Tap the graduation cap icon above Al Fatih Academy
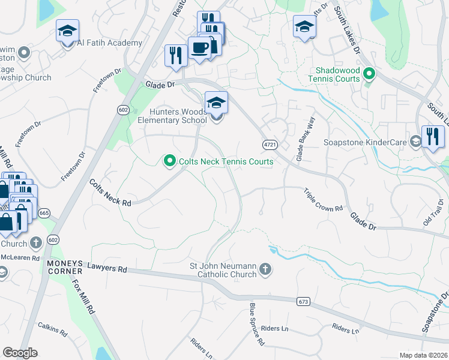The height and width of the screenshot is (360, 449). click(x=68, y=29)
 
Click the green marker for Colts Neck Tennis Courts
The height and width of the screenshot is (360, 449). click(x=169, y=160)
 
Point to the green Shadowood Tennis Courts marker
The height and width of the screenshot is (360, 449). click(x=369, y=74)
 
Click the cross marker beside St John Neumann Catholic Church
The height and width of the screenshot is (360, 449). click(x=265, y=270)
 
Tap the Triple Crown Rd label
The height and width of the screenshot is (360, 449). click(x=323, y=200)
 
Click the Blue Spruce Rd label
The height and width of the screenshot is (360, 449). click(x=257, y=324)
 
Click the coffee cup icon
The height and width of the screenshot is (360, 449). click(x=199, y=47)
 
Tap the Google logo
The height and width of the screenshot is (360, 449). click(x=20, y=353)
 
